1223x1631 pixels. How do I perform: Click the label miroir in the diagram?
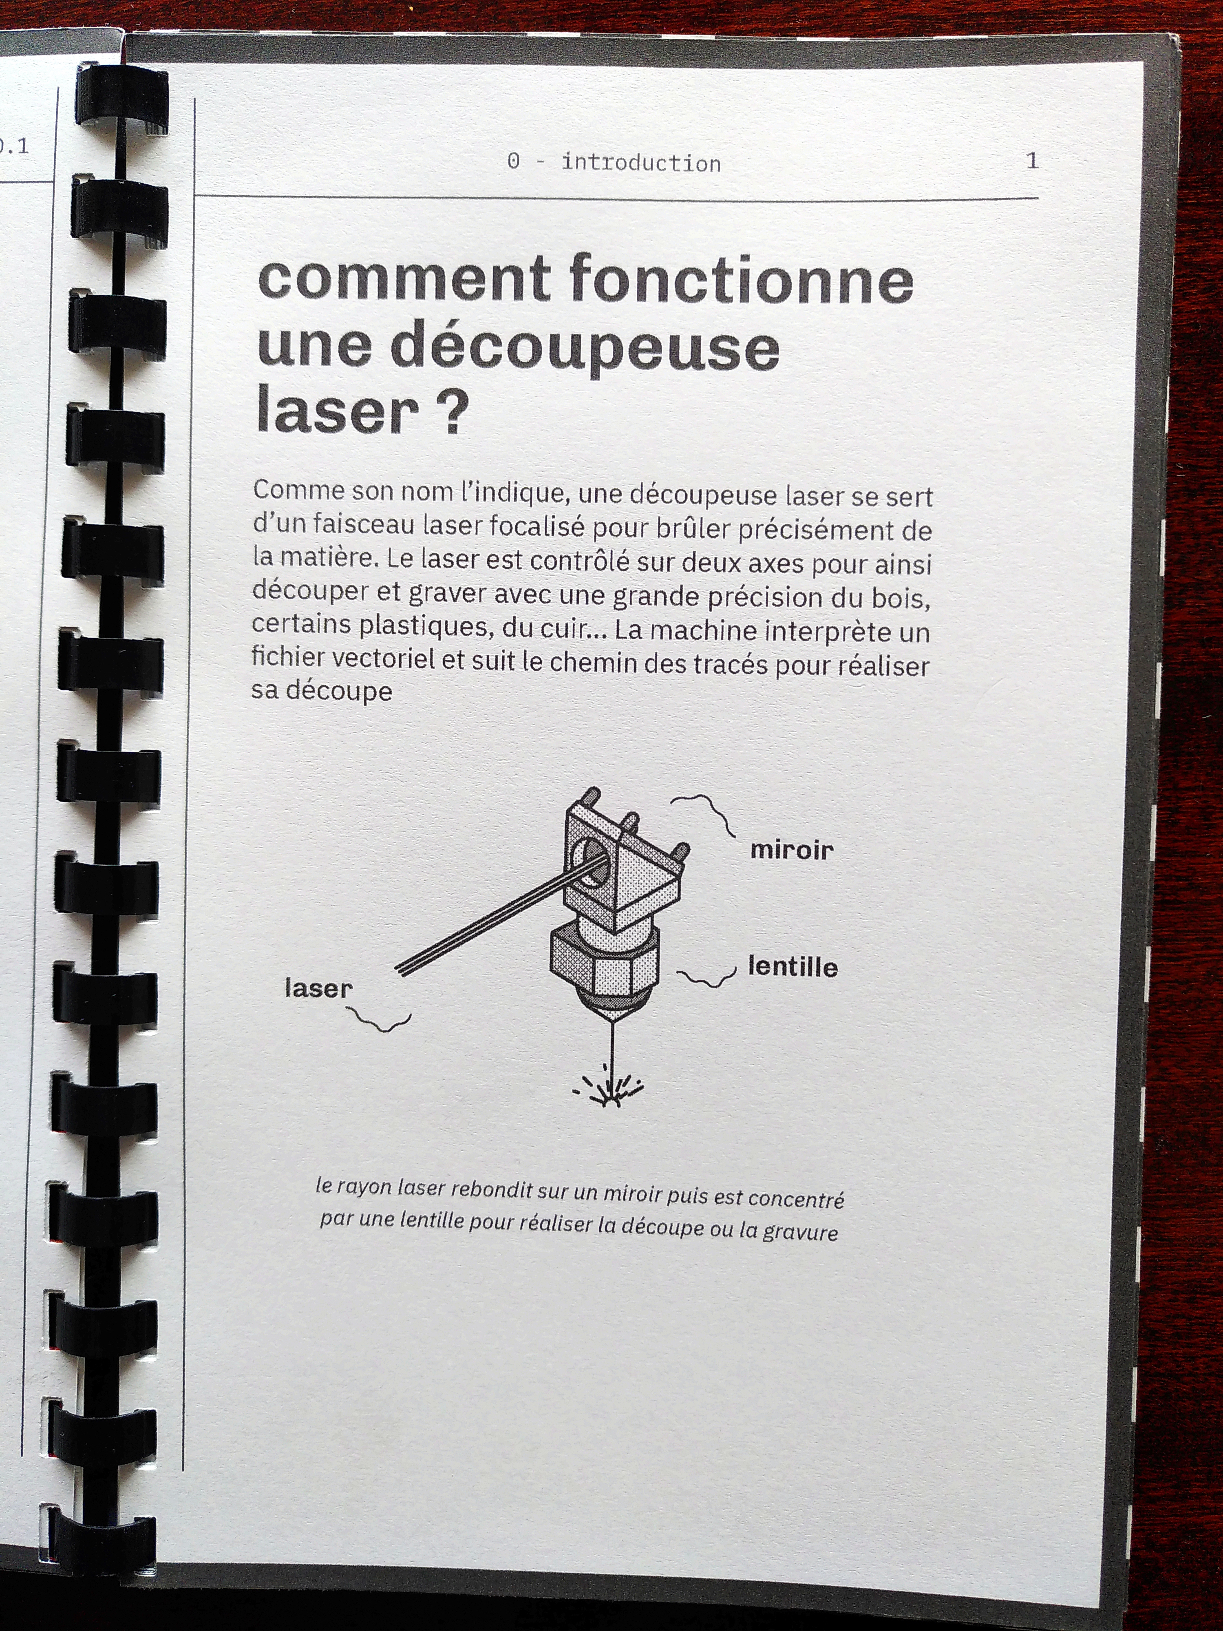(792, 850)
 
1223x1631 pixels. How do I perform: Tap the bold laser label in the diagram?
(318, 988)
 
